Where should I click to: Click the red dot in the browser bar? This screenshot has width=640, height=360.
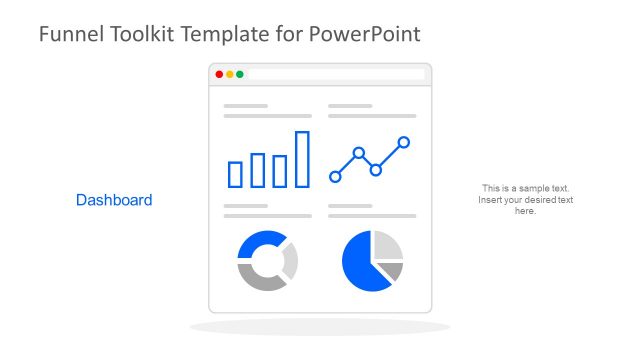(219, 74)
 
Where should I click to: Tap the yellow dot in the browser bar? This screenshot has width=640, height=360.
(229, 74)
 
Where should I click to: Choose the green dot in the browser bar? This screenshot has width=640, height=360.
(239, 74)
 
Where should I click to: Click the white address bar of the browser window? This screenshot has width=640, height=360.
(335, 74)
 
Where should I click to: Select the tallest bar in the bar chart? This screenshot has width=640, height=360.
(302, 159)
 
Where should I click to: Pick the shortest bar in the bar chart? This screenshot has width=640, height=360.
(235, 174)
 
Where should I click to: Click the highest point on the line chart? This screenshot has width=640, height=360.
(404, 142)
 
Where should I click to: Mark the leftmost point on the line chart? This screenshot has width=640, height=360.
(335, 176)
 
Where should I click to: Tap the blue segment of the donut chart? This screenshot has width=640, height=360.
(258, 243)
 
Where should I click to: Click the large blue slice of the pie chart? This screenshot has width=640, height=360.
(362, 265)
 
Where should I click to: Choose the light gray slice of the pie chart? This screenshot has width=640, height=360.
(386, 245)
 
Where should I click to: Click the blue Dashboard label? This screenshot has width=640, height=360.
(114, 200)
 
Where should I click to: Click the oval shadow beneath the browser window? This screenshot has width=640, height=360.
(319, 327)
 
